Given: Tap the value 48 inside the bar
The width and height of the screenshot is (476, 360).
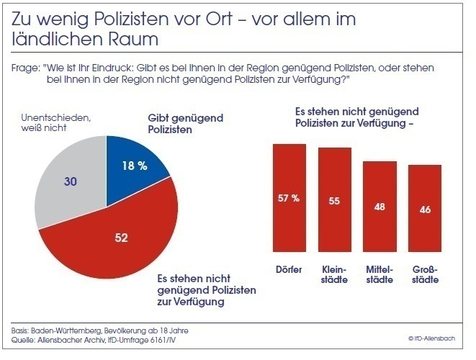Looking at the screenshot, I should (x=380, y=207).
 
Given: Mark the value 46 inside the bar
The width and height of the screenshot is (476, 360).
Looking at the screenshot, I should (x=425, y=210).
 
